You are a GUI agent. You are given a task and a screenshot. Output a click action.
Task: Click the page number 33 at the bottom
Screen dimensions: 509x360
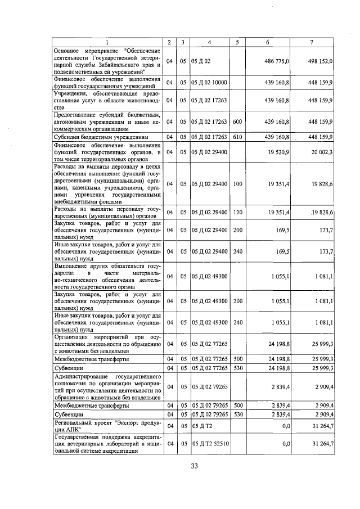[x=194, y=466]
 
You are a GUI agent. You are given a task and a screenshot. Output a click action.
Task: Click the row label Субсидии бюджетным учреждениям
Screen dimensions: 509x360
[x=101, y=137]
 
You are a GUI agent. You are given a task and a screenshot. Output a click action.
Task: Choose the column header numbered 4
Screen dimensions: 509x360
[x=209, y=43]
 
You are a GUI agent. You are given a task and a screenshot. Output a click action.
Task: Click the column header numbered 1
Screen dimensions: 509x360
[x=107, y=43]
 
